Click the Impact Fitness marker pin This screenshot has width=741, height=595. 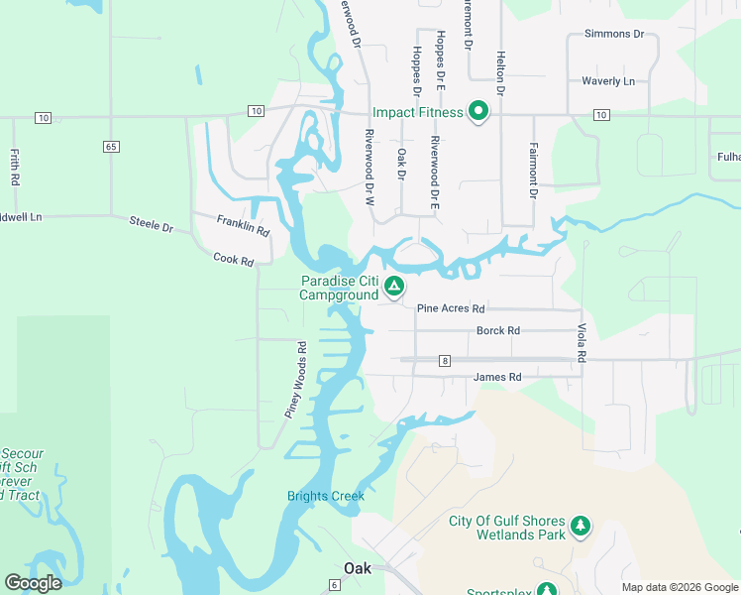478,111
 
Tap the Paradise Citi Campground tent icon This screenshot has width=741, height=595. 394,288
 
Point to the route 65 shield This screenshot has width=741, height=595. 110,147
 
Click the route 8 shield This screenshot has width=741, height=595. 446,361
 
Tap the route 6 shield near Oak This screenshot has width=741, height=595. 335,586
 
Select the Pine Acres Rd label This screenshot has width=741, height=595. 450,308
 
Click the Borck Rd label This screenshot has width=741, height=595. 497,330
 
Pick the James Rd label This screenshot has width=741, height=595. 496,377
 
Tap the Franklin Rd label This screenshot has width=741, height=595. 243,224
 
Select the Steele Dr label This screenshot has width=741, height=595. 151,222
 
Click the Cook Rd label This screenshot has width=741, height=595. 234,258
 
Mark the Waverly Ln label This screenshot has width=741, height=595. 607,81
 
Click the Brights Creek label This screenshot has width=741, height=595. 326,496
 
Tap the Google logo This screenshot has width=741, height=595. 33,583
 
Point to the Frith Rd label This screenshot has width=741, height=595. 15,168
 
